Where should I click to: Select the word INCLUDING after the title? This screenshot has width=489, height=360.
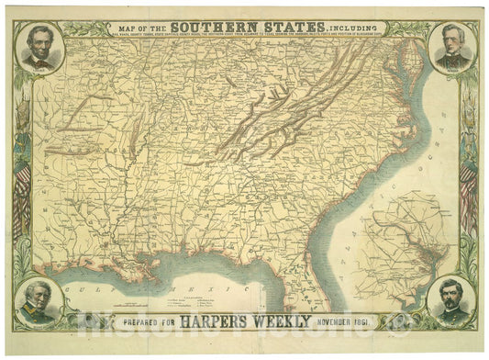(359, 28)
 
